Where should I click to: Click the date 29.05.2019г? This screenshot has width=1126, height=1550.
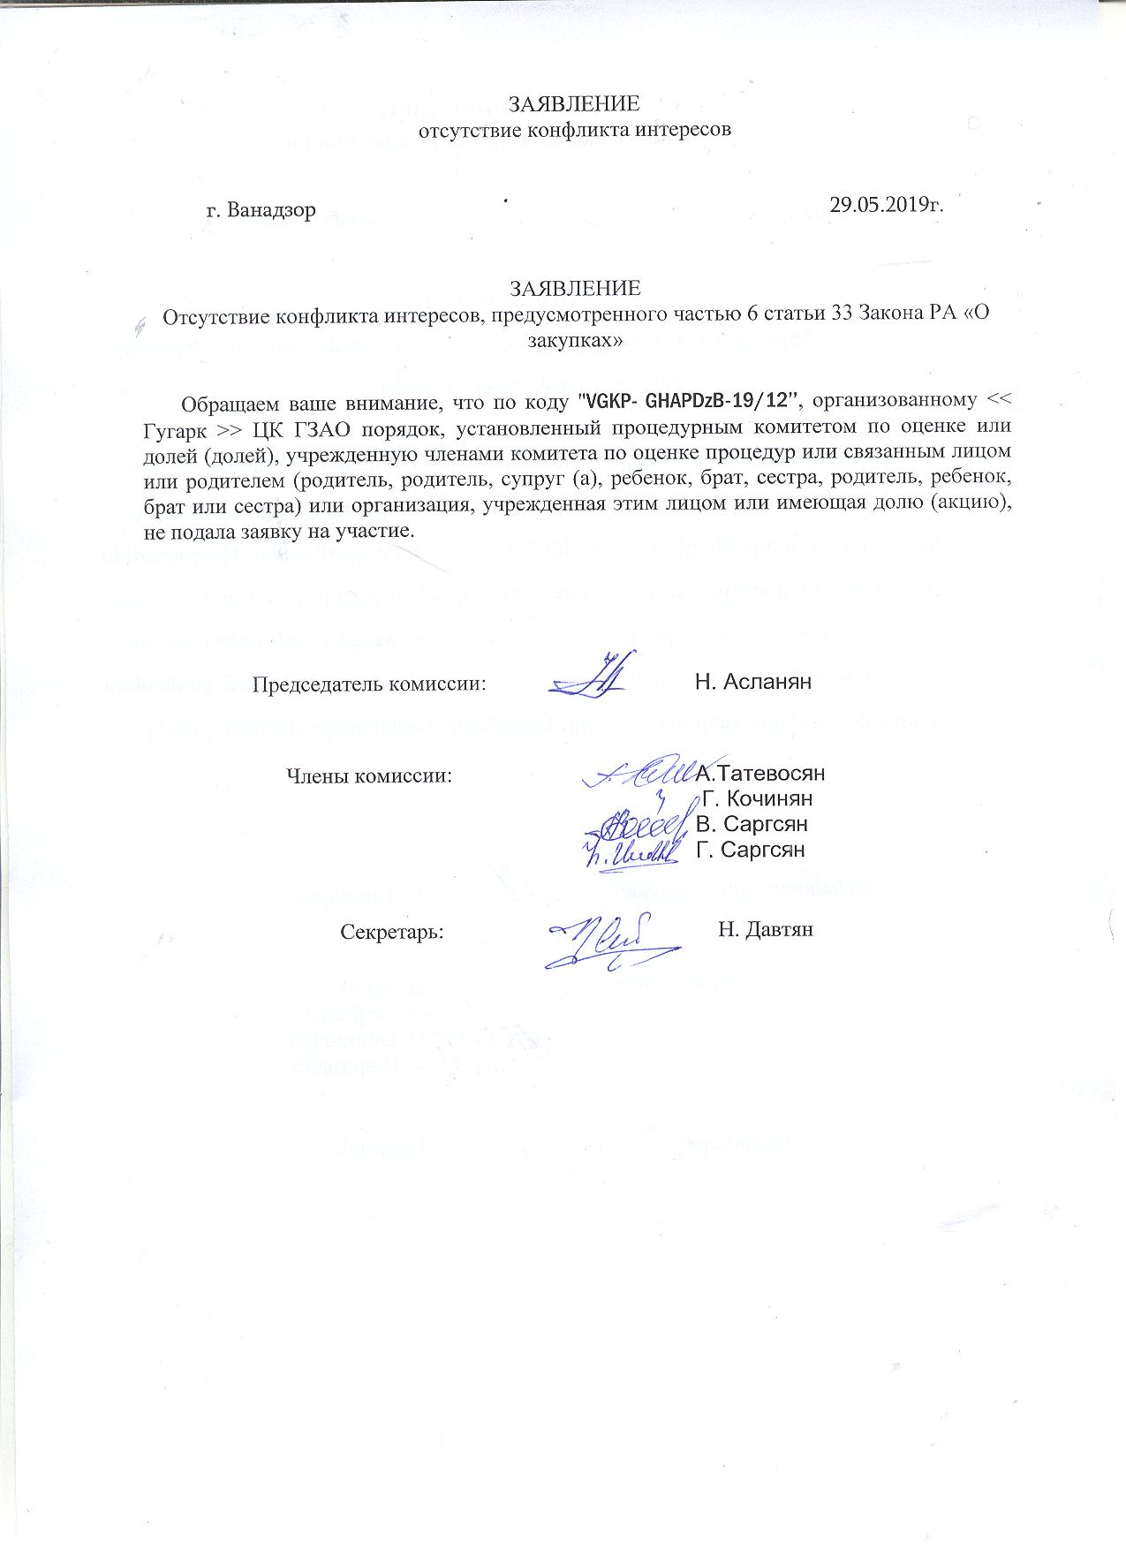point(887,205)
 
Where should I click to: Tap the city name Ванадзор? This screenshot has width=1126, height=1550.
point(270,212)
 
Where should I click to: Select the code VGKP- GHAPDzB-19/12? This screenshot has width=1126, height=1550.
point(687,402)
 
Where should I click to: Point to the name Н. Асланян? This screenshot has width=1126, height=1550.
point(752,681)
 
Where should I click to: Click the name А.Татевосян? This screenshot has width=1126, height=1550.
point(760,774)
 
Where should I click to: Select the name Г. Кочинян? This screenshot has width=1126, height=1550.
point(758,799)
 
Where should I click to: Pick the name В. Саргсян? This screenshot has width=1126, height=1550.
point(752,825)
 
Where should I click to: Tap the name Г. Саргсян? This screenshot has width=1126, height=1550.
point(752,851)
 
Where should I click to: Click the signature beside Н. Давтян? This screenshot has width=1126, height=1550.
point(609,940)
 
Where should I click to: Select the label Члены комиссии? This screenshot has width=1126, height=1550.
point(369,776)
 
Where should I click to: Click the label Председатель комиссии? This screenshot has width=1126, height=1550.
point(370,684)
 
